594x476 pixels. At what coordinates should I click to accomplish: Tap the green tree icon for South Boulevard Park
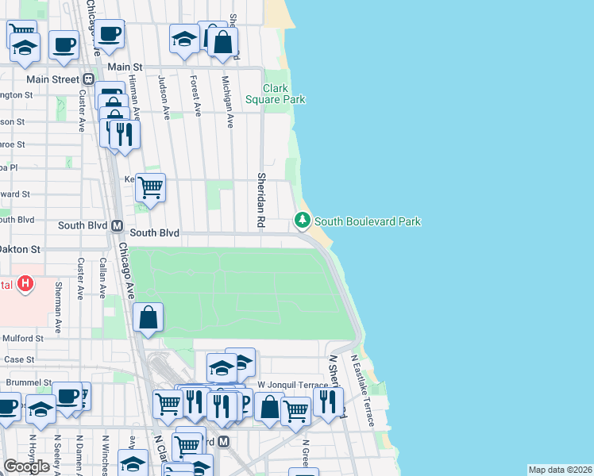click(x=303, y=220)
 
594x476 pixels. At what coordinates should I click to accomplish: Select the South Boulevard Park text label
click(x=368, y=221)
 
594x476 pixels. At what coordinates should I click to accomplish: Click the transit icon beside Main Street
click(x=88, y=79)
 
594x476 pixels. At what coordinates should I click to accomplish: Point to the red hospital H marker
click(x=26, y=282)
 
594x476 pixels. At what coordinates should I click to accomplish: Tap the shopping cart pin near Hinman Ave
click(x=150, y=188)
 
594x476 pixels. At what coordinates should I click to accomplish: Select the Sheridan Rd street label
click(x=260, y=200)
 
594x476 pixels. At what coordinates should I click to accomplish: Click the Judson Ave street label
click(x=163, y=97)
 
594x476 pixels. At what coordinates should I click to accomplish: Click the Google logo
click(x=26, y=466)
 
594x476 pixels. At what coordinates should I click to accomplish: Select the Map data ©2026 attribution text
click(x=560, y=470)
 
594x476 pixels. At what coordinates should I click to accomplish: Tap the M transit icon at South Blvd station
click(x=116, y=225)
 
